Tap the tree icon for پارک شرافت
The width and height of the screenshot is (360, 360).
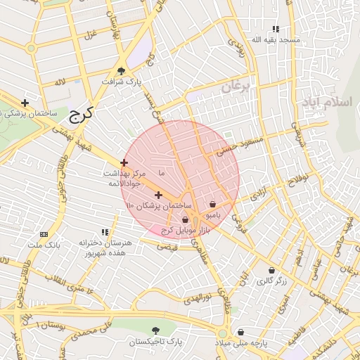tap(122, 70)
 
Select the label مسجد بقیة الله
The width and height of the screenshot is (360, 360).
tap(278, 40)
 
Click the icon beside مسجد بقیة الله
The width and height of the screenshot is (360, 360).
tap(276, 29)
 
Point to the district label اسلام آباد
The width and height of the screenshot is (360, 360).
tap(326, 103)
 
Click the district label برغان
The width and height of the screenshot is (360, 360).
tap(236, 87)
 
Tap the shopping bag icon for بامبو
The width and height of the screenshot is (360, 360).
tap(212, 204)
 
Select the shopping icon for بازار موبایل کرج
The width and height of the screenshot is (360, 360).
tap(185, 220)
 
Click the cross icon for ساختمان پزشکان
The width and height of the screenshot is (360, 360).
tap(158, 195)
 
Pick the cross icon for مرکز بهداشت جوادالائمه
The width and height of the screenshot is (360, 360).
tap(124, 162)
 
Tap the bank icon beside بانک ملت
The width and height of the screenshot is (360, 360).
tap(44, 234)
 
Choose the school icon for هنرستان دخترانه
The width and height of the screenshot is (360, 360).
tap(105, 232)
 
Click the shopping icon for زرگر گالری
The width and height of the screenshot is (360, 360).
tap(271, 270)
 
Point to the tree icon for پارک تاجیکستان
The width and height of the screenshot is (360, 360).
tap(155, 330)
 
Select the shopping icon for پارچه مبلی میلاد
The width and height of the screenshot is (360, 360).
tap(240, 332)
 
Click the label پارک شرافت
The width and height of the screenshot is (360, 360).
tap(121, 82)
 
